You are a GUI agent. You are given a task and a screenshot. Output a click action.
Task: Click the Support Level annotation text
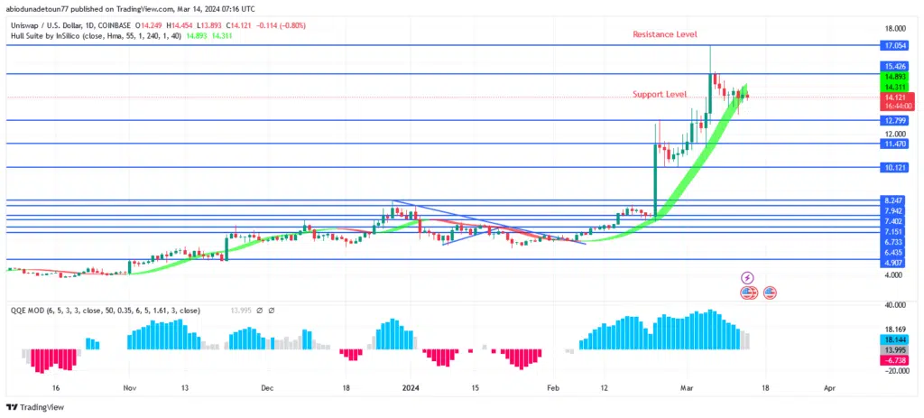659,94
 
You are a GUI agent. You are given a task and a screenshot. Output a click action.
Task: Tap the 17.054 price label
895,45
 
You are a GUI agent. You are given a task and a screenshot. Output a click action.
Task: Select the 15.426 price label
895,67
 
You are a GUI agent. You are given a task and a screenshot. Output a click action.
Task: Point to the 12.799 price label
895,121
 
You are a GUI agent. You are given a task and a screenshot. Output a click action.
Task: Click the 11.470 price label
895,144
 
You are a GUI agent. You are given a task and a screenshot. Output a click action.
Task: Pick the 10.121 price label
895,167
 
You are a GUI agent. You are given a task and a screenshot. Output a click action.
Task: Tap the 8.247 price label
895,200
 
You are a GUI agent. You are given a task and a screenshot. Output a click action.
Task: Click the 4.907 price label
895,261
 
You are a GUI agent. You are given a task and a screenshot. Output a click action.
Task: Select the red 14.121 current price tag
895,97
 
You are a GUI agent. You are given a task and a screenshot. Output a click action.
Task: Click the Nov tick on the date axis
129,387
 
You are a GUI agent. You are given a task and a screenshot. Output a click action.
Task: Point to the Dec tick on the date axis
267,387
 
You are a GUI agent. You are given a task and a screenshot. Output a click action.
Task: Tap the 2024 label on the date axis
411,387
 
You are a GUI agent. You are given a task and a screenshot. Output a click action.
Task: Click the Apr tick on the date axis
828,387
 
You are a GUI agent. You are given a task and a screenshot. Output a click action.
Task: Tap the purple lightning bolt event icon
747,277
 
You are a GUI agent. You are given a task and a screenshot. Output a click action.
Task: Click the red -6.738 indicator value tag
895,359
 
